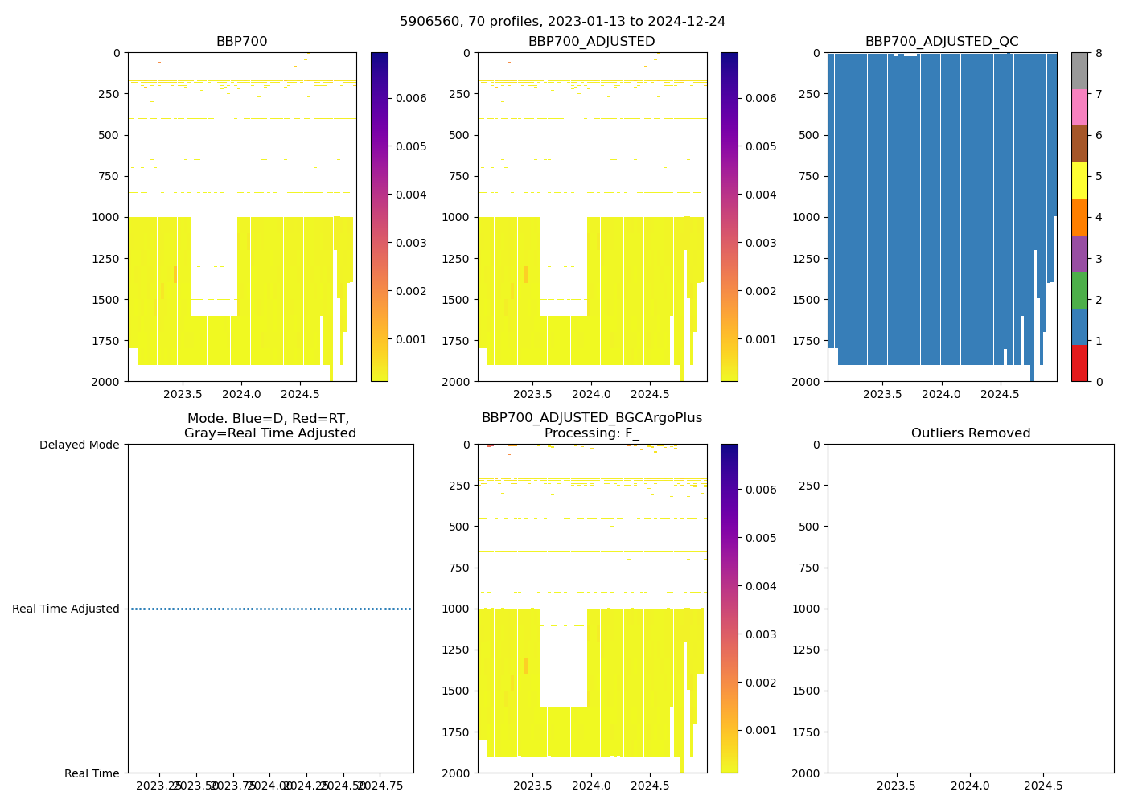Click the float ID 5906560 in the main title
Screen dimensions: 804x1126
pyautogui.click(x=426, y=22)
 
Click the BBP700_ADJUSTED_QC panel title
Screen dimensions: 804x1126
pyautogui.click(x=942, y=42)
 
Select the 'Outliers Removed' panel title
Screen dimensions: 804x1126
pyautogui.click(x=971, y=433)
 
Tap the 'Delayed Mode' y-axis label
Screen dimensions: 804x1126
pyautogui.click(x=79, y=445)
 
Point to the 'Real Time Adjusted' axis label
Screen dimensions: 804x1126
pyautogui.click(x=66, y=609)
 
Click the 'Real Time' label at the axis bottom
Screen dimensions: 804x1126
pyautogui.click(x=92, y=773)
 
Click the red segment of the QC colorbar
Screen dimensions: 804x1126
pyautogui.click(x=1079, y=363)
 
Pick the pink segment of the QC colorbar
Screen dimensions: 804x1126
pyautogui.click(x=1079, y=107)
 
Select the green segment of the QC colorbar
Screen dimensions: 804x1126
pyautogui.click(x=1079, y=290)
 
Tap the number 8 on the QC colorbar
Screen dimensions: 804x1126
pyautogui.click(x=1098, y=53)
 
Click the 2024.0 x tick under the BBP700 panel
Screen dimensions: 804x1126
pyautogui.click(x=241, y=395)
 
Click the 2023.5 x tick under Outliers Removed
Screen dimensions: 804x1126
pyautogui.click(x=896, y=786)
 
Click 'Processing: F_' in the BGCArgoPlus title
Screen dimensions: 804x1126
pyautogui.click(x=591, y=433)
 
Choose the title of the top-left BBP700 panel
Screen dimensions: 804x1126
pyautogui.click(x=241, y=42)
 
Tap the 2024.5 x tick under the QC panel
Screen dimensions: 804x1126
pyautogui.click(x=1000, y=395)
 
